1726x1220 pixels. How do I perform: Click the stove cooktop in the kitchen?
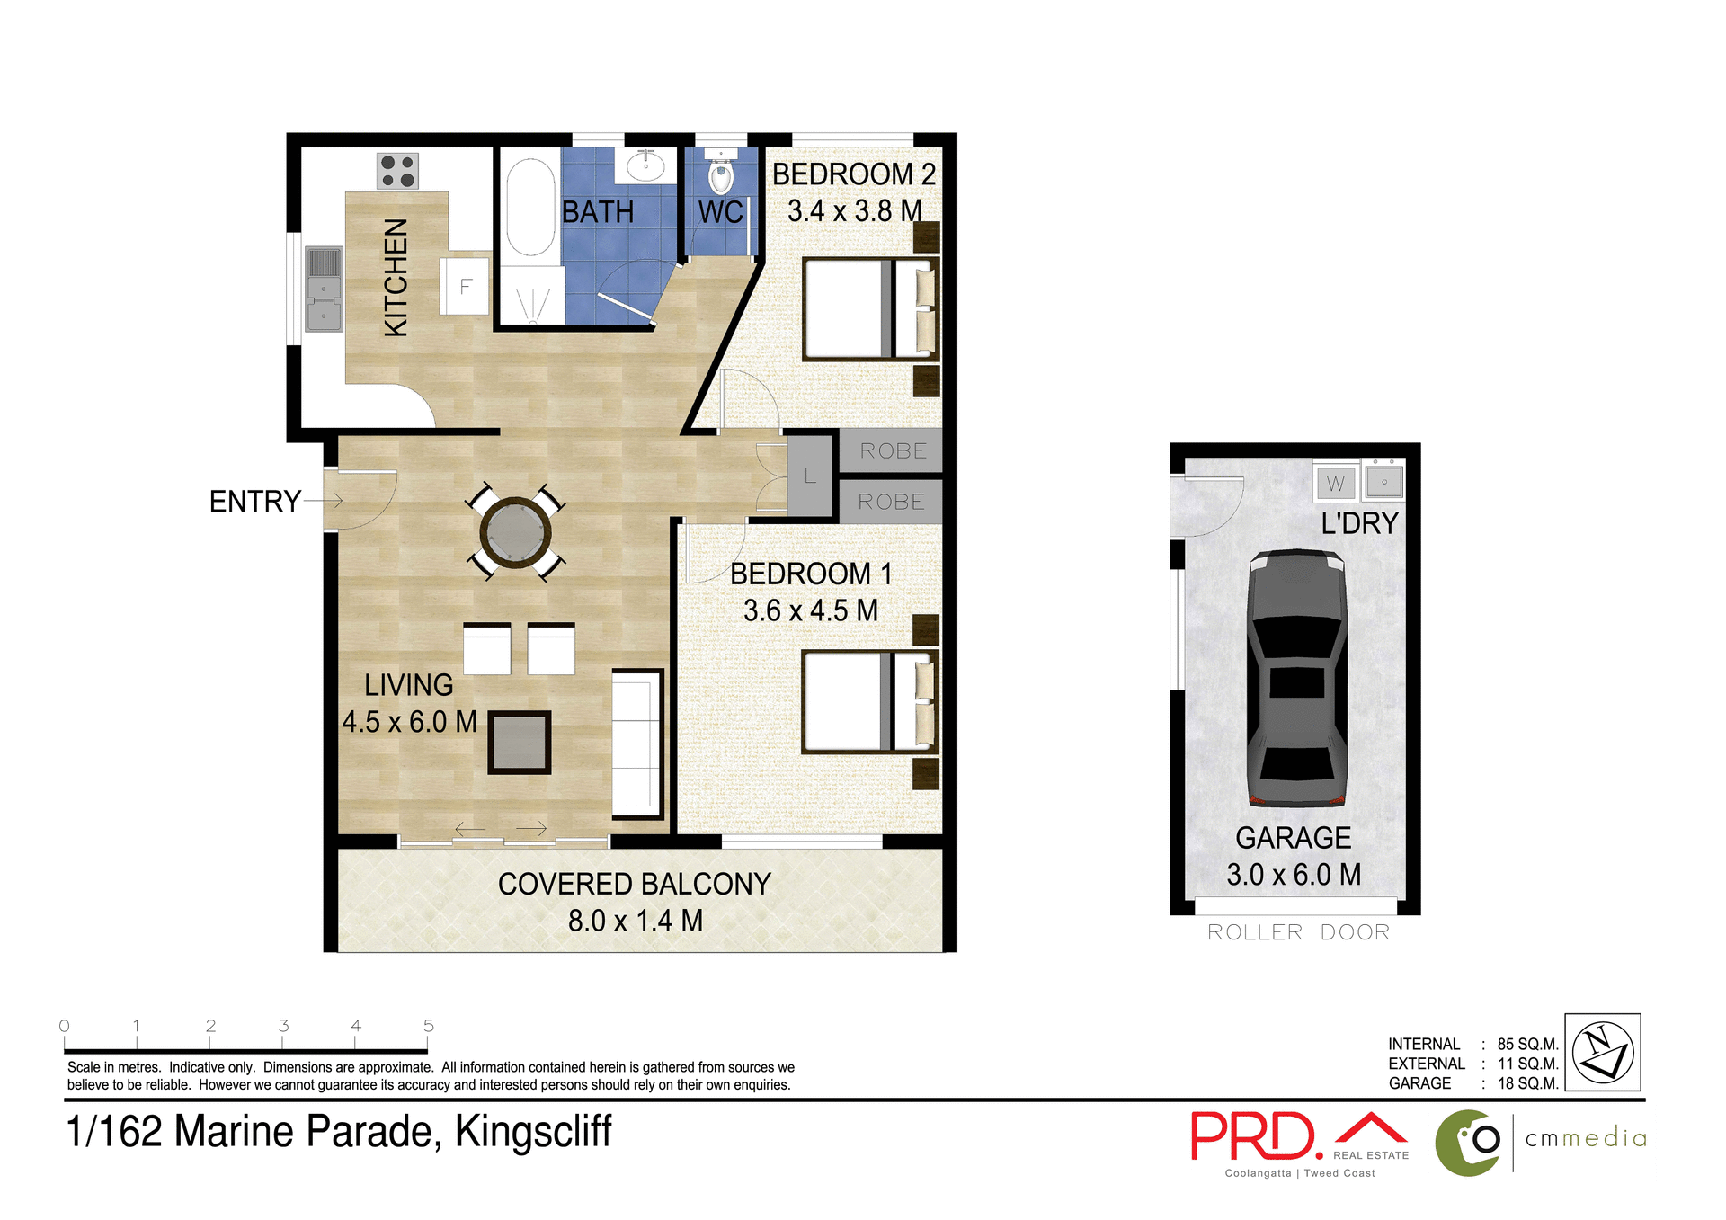(x=397, y=171)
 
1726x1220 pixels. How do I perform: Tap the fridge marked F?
(x=465, y=287)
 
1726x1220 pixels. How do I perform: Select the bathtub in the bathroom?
(x=530, y=209)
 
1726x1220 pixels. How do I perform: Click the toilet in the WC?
(x=721, y=174)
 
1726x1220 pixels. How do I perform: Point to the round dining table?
(x=515, y=533)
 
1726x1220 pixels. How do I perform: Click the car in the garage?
(x=1297, y=679)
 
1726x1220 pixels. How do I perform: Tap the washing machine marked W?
(x=1336, y=484)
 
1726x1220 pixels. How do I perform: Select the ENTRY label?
(x=254, y=502)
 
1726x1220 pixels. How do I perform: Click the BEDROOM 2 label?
(x=853, y=174)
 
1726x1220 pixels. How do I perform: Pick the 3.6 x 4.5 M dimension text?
(x=810, y=611)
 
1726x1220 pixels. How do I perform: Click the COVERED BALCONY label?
(x=634, y=885)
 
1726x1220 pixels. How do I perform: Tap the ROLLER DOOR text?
(x=1298, y=932)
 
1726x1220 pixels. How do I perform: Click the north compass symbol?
(x=1602, y=1052)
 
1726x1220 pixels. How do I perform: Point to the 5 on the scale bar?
(x=429, y=1026)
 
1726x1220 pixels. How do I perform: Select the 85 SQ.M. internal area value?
(x=1526, y=1045)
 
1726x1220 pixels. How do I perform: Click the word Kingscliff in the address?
(x=533, y=1132)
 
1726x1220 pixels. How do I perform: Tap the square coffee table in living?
(x=519, y=743)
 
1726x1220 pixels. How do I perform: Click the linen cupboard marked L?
(x=810, y=476)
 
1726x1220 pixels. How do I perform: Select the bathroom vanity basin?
(x=645, y=165)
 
